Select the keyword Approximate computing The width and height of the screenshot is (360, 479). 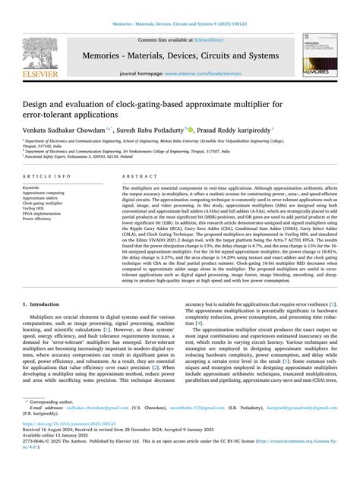click(44, 194)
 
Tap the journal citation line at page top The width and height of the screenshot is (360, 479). click(180, 24)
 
